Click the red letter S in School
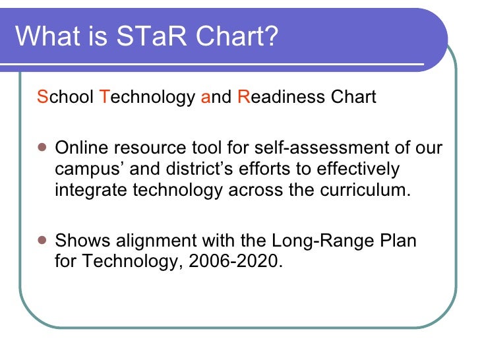[x=43, y=98]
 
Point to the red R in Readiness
[x=242, y=98]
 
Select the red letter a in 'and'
[x=205, y=98]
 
